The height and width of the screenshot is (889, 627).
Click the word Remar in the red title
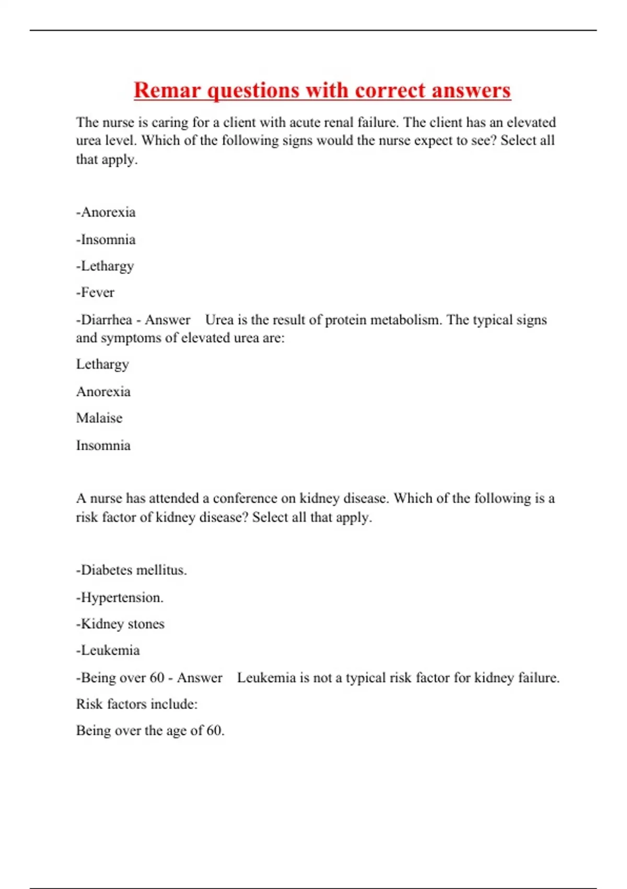click(167, 90)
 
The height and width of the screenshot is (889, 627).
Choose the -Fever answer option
click(95, 292)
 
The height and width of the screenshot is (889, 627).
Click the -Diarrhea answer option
click(104, 320)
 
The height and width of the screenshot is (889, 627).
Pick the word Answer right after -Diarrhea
click(168, 320)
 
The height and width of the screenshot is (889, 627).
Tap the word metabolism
click(406, 320)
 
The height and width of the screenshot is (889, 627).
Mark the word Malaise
click(99, 418)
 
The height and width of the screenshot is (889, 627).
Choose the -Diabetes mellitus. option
click(131, 570)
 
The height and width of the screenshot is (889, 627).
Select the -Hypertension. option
click(120, 597)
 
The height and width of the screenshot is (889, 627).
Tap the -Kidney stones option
click(120, 624)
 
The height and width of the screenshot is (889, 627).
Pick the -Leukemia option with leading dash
click(108, 651)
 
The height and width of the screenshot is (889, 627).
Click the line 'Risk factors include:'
click(137, 704)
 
